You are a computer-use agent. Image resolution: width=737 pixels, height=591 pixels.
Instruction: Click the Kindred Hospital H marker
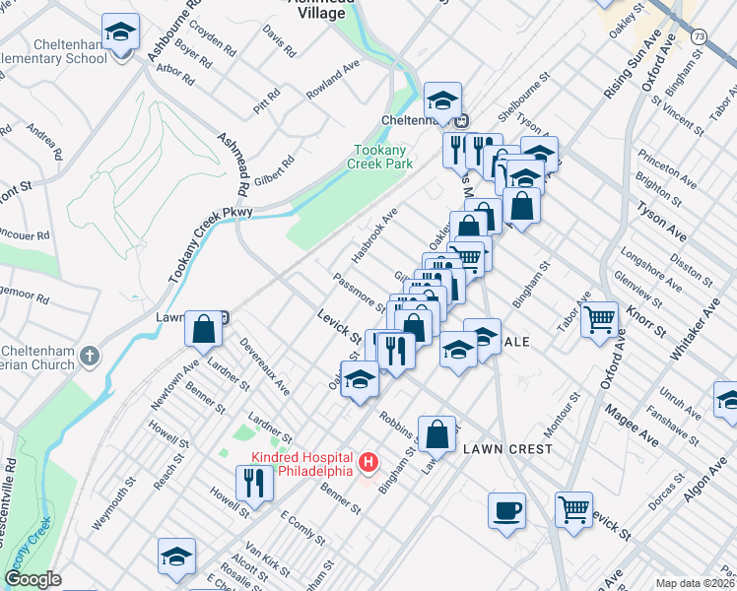(x=368, y=461)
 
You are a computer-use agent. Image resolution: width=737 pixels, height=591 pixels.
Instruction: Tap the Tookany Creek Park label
(x=383, y=158)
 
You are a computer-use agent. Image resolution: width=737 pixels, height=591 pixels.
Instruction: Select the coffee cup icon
(x=507, y=510)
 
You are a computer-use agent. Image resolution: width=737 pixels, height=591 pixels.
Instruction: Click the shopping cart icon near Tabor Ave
(x=600, y=319)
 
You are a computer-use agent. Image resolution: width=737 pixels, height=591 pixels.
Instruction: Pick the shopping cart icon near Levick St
(x=573, y=509)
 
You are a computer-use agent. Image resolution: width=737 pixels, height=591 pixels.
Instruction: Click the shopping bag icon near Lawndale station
(x=203, y=329)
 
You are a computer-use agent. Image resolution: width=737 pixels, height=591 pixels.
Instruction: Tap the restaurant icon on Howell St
(x=254, y=483)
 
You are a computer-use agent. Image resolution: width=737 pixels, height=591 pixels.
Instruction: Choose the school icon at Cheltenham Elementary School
(x=120, y=33)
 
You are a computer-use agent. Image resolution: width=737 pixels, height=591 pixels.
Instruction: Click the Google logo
(x=33, y=579)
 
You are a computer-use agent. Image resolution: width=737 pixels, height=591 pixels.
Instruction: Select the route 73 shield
(x=699, y=35)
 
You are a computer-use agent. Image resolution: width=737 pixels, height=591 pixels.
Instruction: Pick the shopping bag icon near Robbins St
(x=441, y=433)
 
